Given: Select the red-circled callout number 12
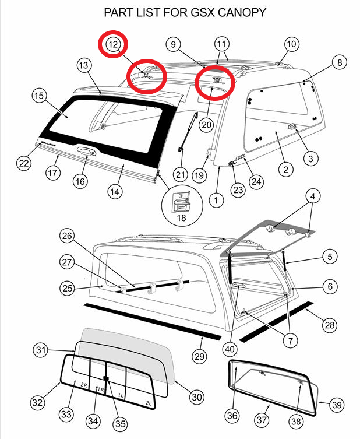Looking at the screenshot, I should click(112, 44).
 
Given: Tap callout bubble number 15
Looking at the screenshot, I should click(38, 96).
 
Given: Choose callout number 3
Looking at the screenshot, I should click(310, 157).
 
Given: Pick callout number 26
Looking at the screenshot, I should click(68, 237).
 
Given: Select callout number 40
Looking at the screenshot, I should click(230, 349).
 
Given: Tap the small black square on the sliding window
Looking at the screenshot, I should click(106, 377).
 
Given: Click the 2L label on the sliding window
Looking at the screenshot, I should click(149, 403).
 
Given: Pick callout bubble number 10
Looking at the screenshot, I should click(291, 44).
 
